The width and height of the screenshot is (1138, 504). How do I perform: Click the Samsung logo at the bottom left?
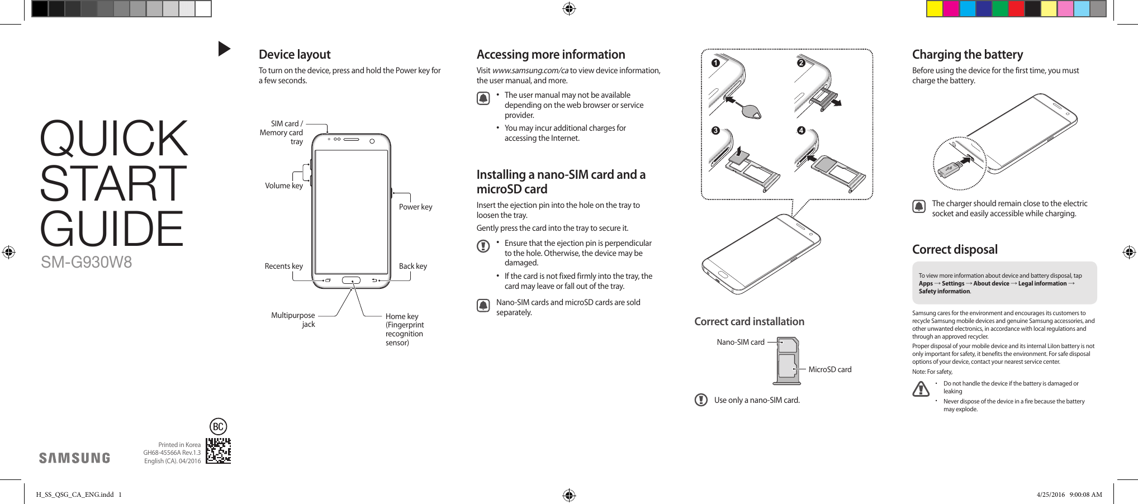[x=74, y=458]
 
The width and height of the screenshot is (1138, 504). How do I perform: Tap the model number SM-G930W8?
[x=86, y=262]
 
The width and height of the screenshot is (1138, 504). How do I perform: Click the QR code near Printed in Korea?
[x=218, y=451]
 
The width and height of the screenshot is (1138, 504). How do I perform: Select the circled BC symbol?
[x=218, y=427]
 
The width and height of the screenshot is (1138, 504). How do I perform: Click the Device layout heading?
[x=295, y=55]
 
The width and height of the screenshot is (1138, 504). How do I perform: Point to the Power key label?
[x=415, y=207]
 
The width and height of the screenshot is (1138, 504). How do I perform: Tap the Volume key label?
[x=284, y=186]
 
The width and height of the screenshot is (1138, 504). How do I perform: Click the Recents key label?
[x=283, y=266]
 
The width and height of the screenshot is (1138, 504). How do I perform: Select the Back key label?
[x=412, y=266]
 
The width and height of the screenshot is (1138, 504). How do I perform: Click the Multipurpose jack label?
[x=293, y=320]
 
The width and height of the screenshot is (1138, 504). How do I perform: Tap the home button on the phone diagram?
[x=351, y=280]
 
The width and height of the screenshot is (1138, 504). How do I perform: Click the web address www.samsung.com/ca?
[x=530, y=70]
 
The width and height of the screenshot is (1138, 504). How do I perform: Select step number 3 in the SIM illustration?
[x=715, y=131]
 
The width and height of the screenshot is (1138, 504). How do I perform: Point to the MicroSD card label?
[x=830, y=369]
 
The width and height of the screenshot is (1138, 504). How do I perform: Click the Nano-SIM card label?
[x=741, y=342]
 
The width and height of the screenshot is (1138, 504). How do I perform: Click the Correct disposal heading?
[x=955, y=250]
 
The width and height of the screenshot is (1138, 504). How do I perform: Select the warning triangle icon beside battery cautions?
[x=921, y=388]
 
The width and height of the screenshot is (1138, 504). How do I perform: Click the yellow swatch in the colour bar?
[x=935, y=9]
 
